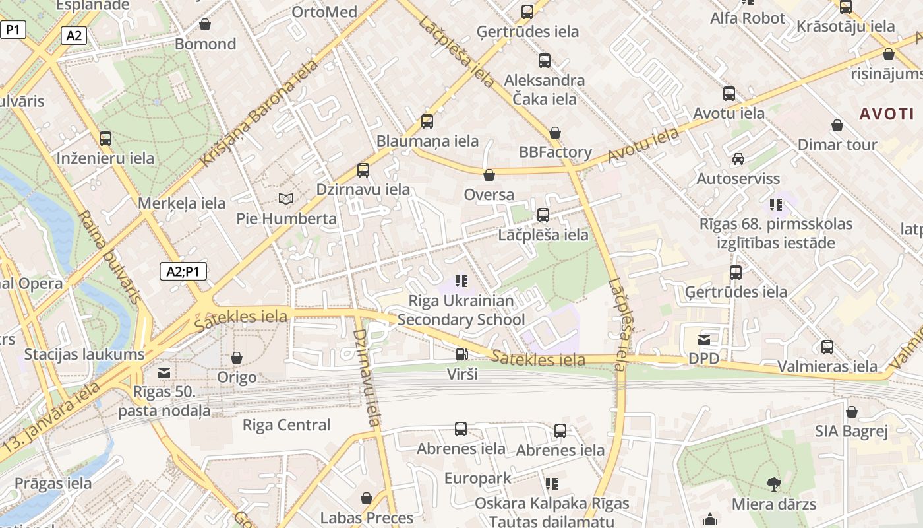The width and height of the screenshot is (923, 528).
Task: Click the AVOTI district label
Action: click(887, 114)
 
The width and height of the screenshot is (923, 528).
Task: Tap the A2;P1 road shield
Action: click(183, 271)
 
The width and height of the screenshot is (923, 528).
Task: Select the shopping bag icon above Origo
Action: click(237, 358)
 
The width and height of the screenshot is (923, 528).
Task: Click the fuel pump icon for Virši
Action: click(461, 354)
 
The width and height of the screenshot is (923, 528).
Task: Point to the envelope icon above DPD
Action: click(704, 340)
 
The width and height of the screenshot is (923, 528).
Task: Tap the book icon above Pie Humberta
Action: click(286, 199)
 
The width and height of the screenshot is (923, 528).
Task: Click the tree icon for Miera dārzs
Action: click(774, 484)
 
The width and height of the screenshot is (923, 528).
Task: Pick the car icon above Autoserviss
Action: click(738, 159)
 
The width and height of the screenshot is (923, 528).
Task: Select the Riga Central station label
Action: click(286, 425)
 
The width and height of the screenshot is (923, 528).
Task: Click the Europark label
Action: click(477, 478)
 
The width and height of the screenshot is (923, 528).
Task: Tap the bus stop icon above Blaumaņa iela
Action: click(427, 121)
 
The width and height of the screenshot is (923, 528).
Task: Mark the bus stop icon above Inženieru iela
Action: click(105, 139)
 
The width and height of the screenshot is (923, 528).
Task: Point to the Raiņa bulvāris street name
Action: click(109, 257)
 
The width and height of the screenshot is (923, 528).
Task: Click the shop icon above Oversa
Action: click(489, 175)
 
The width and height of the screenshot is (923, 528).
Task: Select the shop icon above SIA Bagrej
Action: click(852, 412)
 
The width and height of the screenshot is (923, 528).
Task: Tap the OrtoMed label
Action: click(324, 12)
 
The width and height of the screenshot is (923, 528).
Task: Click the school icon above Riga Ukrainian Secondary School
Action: click(461, 281)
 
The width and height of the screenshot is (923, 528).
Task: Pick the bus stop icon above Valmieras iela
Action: click(827, 346)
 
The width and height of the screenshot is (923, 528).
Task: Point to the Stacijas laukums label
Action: click(84, 354)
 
